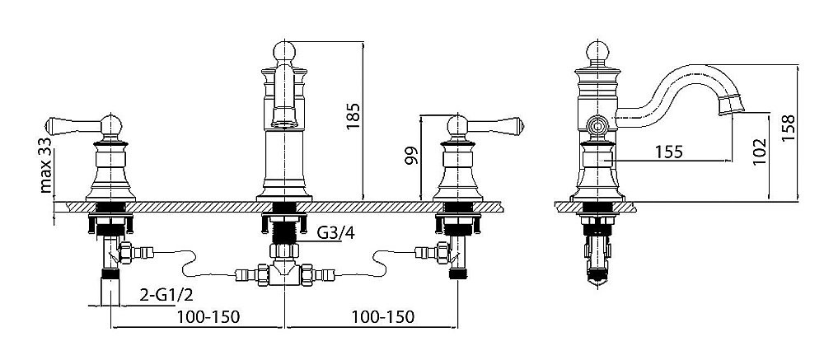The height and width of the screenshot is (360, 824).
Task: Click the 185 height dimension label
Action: point(353,116)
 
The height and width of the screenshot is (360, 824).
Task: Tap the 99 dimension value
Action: point(411,156)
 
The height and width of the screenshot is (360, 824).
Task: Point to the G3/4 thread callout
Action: point(336,232)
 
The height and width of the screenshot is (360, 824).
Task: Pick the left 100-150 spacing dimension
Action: point(208,317)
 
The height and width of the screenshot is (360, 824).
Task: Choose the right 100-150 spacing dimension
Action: point(382,317)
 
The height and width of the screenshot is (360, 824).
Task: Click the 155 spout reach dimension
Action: point(669,152)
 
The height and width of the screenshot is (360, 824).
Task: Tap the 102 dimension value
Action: point(759,152)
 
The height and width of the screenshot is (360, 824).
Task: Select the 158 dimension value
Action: point(788,128)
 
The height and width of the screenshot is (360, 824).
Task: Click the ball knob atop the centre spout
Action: point(284,52)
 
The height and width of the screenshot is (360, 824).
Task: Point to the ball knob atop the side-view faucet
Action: point(597,52)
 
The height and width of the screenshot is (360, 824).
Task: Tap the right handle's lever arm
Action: point(495,125)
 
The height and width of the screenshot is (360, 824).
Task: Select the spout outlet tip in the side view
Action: point(732,105)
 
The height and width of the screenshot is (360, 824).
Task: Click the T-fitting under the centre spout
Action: point(284,274)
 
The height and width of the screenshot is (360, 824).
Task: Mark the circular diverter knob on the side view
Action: point(597,126)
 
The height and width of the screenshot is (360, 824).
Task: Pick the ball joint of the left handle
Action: point(111,125)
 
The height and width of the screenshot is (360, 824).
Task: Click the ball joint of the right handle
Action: point(457,125)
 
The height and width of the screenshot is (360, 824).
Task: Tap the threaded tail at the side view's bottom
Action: point(597,259)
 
